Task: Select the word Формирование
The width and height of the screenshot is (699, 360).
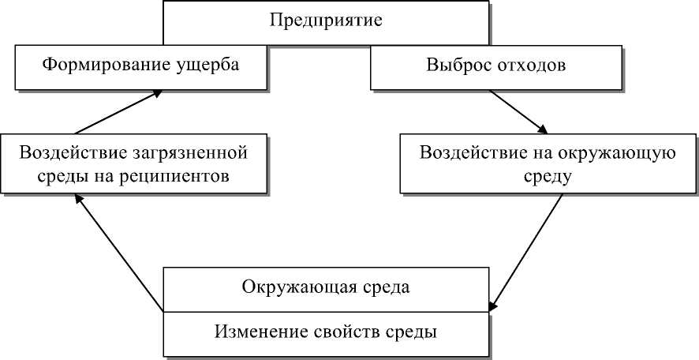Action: pyautogui.click(x=96, y=66)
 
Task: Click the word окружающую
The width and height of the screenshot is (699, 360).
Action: pyautogui.click(x=622, y=152)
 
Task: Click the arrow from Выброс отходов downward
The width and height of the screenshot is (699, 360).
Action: pyautogui.click(x=518, y=111)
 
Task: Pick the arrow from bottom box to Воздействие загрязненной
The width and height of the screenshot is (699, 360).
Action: pyautogui.click(x=118, y=252)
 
